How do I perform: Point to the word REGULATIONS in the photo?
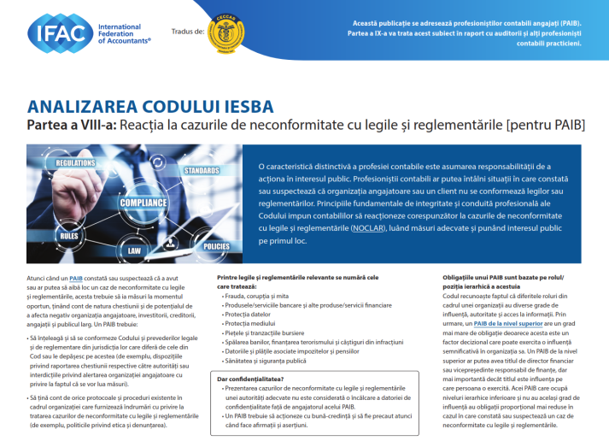[x=75, y=162]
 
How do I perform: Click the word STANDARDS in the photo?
[x=202, y=171]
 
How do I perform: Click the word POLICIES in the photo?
[x=215, y=246]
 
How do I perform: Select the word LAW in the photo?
[x=134, y=252]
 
